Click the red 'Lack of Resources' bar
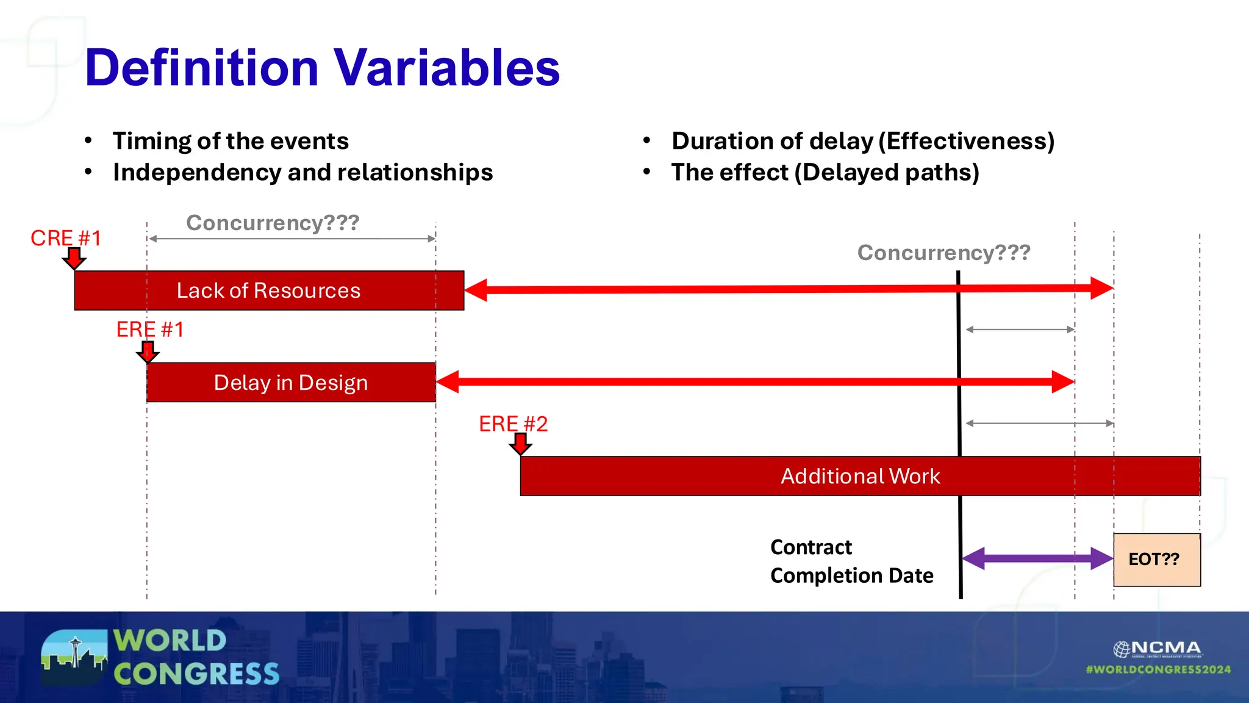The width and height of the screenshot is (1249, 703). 268,290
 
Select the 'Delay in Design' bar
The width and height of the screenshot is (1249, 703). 291,383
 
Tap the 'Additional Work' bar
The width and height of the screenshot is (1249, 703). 860,476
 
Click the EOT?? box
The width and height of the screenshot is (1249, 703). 1156,560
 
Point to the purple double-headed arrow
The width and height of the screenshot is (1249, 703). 1037,558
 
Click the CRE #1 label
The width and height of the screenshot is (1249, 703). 66,238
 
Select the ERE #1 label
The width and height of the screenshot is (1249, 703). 150,330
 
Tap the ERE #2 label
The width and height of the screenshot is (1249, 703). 513,424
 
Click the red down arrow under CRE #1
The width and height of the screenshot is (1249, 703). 74,258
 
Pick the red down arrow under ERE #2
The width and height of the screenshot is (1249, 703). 520,444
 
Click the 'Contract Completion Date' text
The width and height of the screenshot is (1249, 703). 851,561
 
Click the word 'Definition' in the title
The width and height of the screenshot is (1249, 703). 201,67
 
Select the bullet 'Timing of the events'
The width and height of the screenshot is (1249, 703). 231,141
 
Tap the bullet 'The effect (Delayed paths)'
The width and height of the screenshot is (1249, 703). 825,173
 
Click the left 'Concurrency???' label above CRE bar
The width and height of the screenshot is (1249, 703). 273,223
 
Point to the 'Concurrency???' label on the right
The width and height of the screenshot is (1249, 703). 943,253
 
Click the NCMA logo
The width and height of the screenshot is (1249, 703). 1157,649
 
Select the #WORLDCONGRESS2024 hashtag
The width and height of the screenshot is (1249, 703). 1158,669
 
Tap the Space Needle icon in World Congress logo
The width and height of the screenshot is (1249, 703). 75,652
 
